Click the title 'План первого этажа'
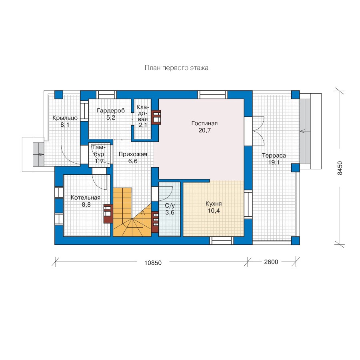176,68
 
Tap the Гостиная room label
204,123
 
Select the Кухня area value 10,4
214,210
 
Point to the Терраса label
274,156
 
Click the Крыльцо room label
65,118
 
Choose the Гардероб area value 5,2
111,118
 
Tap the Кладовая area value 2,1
142,125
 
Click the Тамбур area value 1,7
99,161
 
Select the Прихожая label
133,154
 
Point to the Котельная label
86,198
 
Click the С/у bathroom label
170,206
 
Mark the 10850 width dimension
153,263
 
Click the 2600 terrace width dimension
271,262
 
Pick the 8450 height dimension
340,168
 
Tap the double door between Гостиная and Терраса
258,131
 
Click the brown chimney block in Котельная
108,214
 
